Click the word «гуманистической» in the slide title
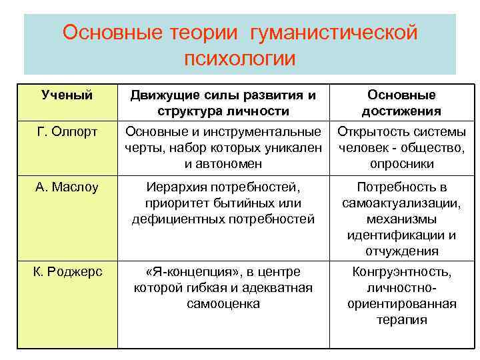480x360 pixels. [x=334, y=32]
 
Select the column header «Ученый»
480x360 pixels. [x=67, y=95]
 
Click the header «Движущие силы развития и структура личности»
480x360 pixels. [x=223, y=103]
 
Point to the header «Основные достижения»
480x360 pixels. [x=401, y=103]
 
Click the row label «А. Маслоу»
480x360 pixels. [x=67, y=187]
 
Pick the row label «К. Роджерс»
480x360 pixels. [x=67, y=272]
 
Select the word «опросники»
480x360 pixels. [x=401, y=163]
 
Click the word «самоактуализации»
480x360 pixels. [x=401, y=203]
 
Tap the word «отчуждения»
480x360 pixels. [x=401, y=251]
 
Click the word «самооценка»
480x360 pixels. [x=223, y=303]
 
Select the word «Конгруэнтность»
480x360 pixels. [x=401, y=272]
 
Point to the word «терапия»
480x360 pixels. [x=401, y=319]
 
